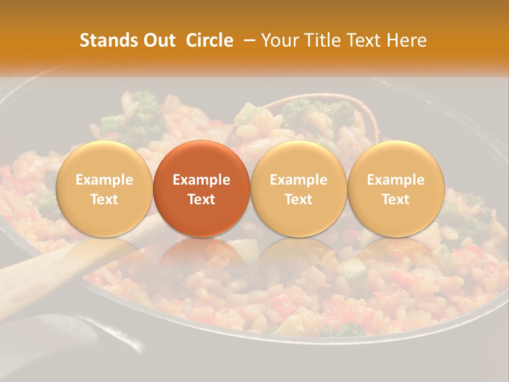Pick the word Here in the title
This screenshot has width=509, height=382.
(x=407, y=40)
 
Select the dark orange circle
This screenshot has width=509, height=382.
(x=201, y=188)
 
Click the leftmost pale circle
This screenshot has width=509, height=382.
(x=104, y=188)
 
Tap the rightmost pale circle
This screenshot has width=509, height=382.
(x=396, y=188)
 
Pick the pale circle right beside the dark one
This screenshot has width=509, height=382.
(x=299, y=188)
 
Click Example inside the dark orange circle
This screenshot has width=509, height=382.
(x=201, y=180)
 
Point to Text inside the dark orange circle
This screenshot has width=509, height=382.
(x=201, y=199)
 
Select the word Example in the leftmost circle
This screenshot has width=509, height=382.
(x=104, y=180)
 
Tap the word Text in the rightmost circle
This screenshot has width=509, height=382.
(x=396, y=199)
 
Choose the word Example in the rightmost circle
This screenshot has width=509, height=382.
(x=396, y=180)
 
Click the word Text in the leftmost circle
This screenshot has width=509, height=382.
(x=104, y=199)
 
